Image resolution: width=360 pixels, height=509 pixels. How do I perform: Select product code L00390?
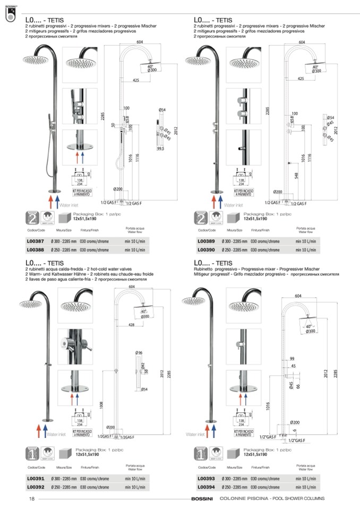pyautogui.click(x=205, y=248)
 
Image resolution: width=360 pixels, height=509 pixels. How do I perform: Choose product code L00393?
pyautogui.click(x=205, y=479)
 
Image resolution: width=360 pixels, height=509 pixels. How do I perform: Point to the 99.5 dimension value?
pyautogui.click(x=161, y=149)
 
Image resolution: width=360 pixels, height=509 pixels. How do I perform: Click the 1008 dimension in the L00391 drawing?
pyautogui.click(x=116, y=406)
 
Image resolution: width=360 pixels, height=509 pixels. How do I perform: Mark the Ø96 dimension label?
pyautogui.click(x=139, y=352)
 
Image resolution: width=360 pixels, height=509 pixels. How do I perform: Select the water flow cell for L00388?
pyautogui.click(x=135, y=248)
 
